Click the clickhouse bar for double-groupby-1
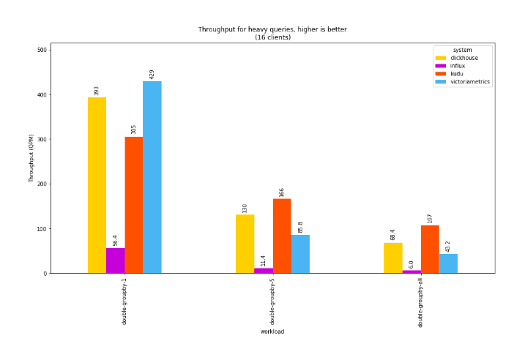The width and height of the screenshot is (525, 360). point(97,185)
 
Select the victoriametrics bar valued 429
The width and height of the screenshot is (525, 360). point(152,177)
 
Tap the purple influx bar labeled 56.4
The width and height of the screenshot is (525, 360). point(115,260)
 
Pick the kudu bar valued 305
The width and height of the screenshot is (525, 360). point(133,205)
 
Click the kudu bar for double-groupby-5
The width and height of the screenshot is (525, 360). point(281,236)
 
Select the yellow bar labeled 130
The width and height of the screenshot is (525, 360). point(245,244)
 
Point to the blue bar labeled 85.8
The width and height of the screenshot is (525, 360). point(299,254)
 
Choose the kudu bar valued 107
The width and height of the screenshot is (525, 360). point(430,249)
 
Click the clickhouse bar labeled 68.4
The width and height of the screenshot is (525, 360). point(392,258)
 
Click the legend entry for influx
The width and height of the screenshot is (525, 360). point(458,66)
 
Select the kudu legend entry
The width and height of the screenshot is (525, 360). point(456,74)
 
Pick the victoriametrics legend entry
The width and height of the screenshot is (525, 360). point(469,82)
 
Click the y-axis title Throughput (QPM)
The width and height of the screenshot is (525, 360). point(31,158)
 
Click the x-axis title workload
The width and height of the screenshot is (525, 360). point(272,331)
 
